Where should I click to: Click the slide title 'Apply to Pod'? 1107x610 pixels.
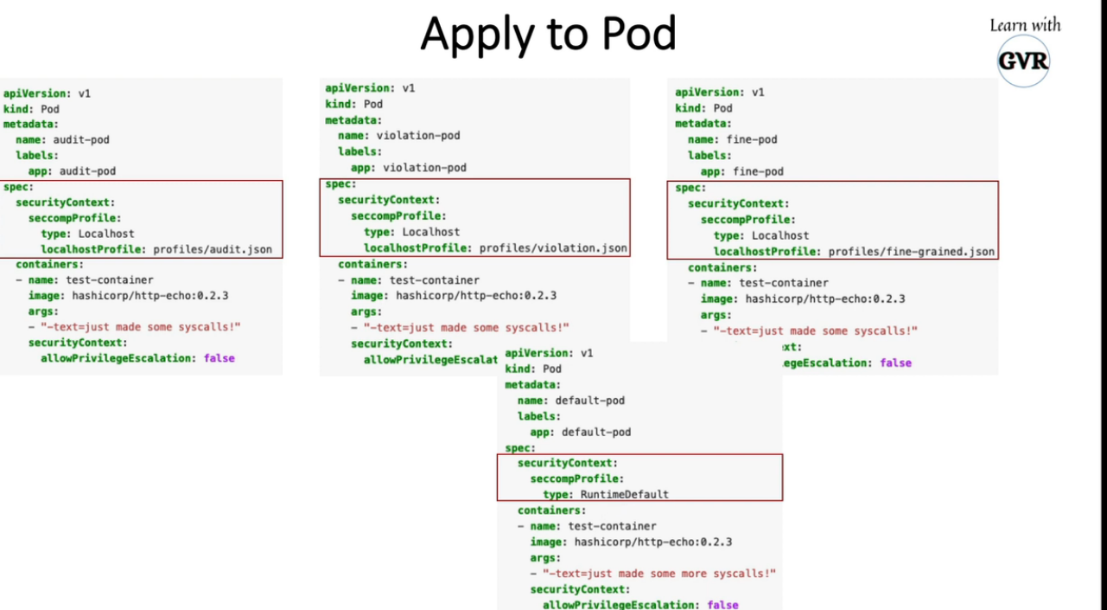(x=548, y=35)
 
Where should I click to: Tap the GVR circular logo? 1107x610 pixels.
(x=1023, y=61)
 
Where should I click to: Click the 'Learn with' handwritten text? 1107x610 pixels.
(x=1025, y=25)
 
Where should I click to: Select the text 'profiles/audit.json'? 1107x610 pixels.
(x=213, y=249)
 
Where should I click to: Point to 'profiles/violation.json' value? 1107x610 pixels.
(x=553, y=247)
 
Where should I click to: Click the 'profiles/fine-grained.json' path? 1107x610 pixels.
(x=912, y=252)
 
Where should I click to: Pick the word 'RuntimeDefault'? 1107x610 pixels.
(x=624, y=494)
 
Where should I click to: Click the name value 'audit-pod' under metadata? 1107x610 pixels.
(x=81, y=139)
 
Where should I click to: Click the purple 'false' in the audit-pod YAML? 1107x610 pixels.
(x=219, y=357)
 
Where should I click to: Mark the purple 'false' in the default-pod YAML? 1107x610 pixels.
(x=722, y=604)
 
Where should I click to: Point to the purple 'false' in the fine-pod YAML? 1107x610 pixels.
(x=895, y=363)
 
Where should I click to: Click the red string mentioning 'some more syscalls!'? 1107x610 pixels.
(x=658, y=573)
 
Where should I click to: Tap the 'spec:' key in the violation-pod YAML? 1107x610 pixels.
(x=340, y=183)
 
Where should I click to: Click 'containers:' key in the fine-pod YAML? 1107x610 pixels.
(x=722, y=267)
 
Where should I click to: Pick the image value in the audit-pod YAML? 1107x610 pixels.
(x=148, y=295)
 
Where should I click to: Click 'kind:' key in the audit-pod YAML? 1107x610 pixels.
(x=18, y=109)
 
